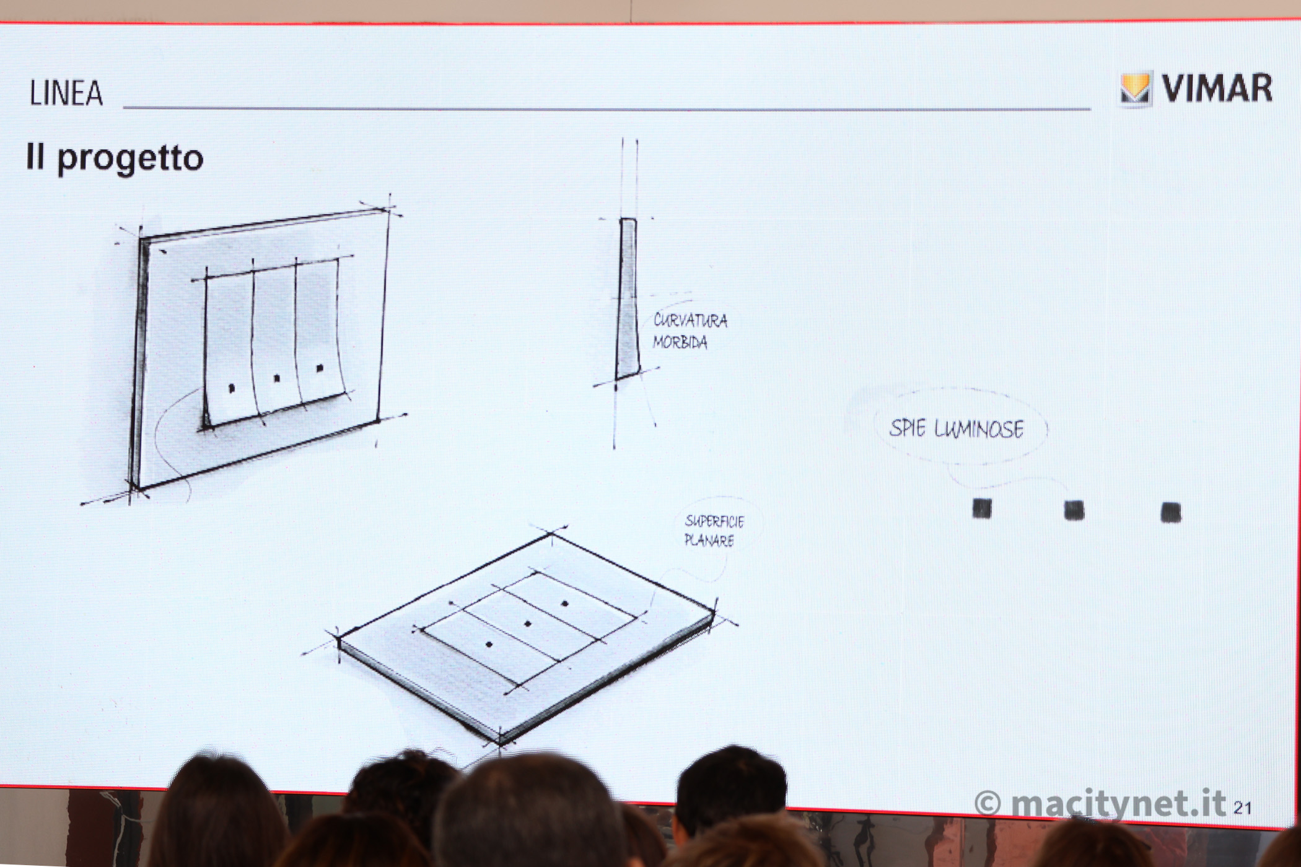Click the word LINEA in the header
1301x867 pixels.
click(66, 94)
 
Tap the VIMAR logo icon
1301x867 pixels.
click(1135, 89)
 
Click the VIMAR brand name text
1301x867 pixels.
click(1217, 88)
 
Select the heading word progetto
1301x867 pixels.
click(130, 159)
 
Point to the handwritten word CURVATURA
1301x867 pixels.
click(691, 321)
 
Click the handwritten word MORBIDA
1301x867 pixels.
click(680, 342)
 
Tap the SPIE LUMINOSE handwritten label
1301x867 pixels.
click(957, 429)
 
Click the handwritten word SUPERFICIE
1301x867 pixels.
click(714, 521)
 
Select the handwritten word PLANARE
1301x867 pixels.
click(709, 540)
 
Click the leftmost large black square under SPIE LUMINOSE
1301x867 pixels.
click(981, 508)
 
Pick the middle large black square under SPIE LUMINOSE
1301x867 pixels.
click(1074, 510)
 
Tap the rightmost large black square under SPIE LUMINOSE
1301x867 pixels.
click(1170, 513)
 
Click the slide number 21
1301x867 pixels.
click(1243, 808)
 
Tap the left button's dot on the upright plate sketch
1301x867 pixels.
click(231, 388)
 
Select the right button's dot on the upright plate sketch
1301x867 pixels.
click(320, 368)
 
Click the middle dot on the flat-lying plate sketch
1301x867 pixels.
click(528, 623)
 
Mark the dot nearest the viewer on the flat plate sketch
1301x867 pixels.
click(489, 645)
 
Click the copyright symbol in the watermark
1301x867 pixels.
click(988, 804)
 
